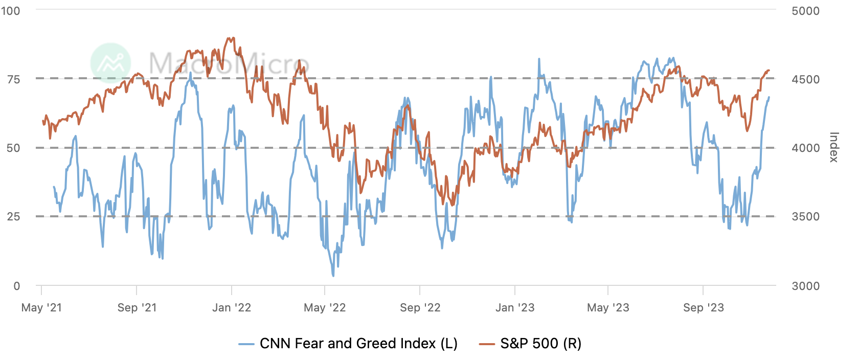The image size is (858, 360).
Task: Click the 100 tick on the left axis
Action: coord(11,11)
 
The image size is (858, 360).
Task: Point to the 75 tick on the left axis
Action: coord(14,79)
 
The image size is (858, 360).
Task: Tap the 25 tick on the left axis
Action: coord(14,216)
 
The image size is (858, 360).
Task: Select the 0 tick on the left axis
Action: coord(17,286)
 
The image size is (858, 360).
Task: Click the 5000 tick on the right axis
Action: coord(805,11)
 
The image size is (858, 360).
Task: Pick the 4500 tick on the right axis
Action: coord(805,79)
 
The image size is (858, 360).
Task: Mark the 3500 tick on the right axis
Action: coord(805,216)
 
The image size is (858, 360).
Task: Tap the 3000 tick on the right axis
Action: coord(805,286)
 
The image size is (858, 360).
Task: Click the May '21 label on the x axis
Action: coord(41,307)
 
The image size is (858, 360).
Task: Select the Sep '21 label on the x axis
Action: coord(137,307)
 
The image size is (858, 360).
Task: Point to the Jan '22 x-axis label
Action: coord(232,307)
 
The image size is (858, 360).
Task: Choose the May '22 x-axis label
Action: coord(325,307)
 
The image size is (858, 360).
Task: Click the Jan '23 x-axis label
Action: coord(515,307)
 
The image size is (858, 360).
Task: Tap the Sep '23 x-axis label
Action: coord(704,307)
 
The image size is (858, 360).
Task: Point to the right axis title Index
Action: coord(833,147)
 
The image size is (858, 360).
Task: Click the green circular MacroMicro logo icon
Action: coord(110,63)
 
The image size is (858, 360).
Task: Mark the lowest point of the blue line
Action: coord(333,276)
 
